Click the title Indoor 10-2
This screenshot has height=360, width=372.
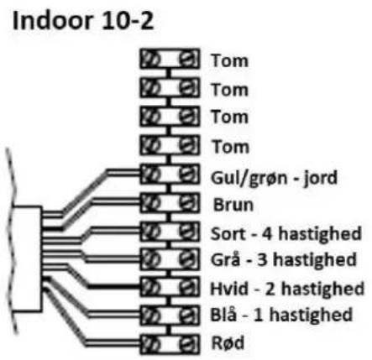point(83,21)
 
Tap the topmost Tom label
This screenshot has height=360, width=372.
point(230,60)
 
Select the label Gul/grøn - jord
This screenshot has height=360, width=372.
point(274,178)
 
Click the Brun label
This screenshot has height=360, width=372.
point(233,205)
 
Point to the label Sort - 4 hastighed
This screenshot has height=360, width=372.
point(286,234)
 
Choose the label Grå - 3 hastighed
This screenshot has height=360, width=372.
point(284,260)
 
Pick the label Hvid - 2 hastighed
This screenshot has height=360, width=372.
point(287,289)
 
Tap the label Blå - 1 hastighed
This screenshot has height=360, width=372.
point(281,315)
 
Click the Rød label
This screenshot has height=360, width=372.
point(228,342)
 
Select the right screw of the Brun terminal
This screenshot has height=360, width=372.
point(186,202)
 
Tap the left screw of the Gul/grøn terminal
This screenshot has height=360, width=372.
point(151,174)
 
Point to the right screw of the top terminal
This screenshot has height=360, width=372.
point(186,59)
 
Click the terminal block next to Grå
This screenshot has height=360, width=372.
point(170,259)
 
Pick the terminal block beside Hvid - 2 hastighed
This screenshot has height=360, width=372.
point(170,287)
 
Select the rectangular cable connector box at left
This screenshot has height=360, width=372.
point(28,258)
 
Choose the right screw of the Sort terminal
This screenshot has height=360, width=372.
point(186,232)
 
